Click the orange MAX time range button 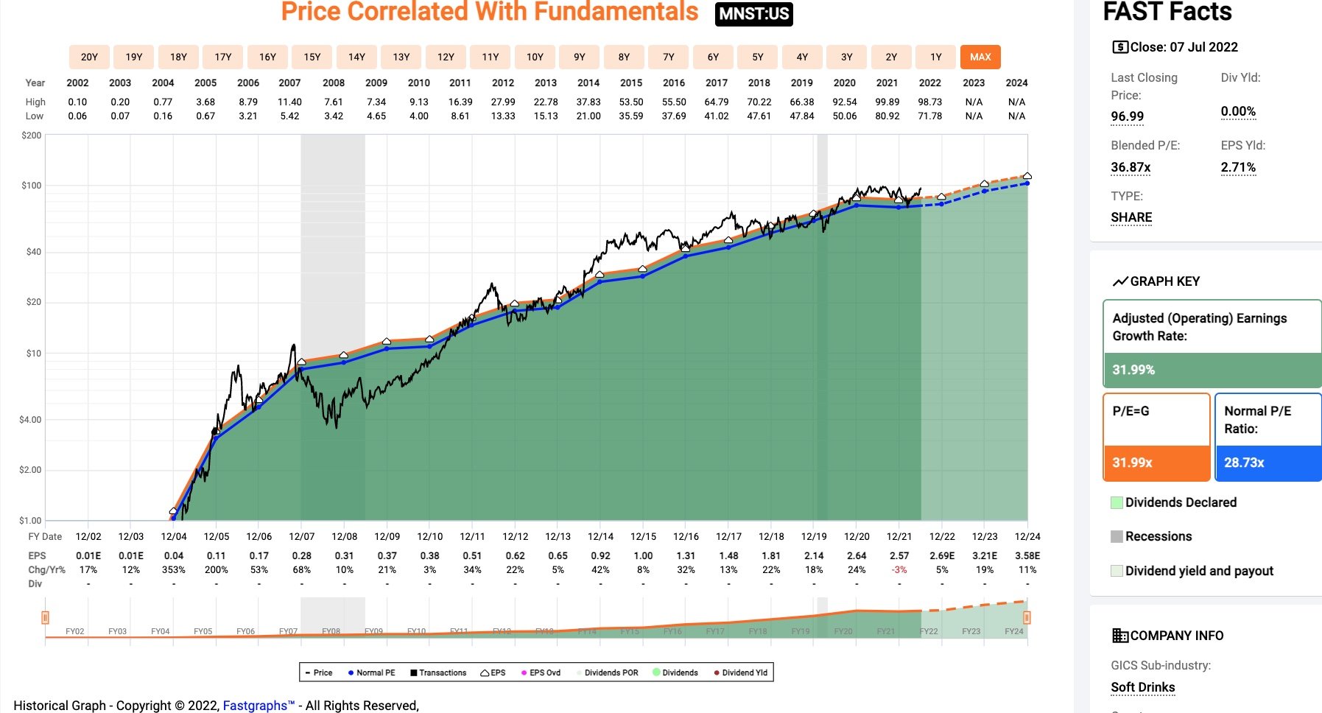[980, 57]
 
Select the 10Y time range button [535, 57]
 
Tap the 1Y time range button [935, 57]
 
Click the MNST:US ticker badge [753, 14]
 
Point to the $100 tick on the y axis [32, 186]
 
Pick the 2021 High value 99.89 [887, 102]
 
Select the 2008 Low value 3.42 [334, 116]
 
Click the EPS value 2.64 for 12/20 [857, 555]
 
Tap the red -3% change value [899, 569]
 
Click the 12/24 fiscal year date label [1027, 536]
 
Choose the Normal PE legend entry [372, 672]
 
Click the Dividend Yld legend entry [741, 672]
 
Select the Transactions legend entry [438, 672]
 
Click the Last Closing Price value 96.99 [1128, 116]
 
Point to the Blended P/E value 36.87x [1131, 167]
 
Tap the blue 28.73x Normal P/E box [1267, 463]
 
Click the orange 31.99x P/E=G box [1156, 463]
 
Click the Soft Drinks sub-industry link [1143, 687]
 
